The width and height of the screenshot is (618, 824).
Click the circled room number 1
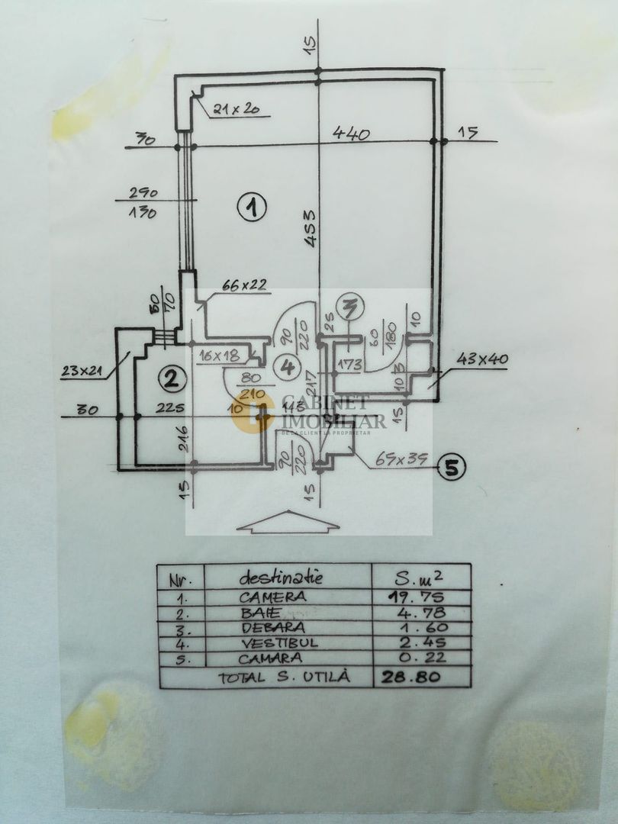click(250, 207)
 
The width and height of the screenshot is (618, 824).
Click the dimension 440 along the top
click(351, 134)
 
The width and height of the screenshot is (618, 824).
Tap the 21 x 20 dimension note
click(237, 108)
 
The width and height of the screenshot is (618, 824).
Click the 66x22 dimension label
click(244, 285)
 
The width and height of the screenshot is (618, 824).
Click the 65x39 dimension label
click(401, 462)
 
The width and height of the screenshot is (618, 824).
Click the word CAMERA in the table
click(272, 597)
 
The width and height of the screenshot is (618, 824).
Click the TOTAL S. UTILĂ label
click(284, 677)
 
